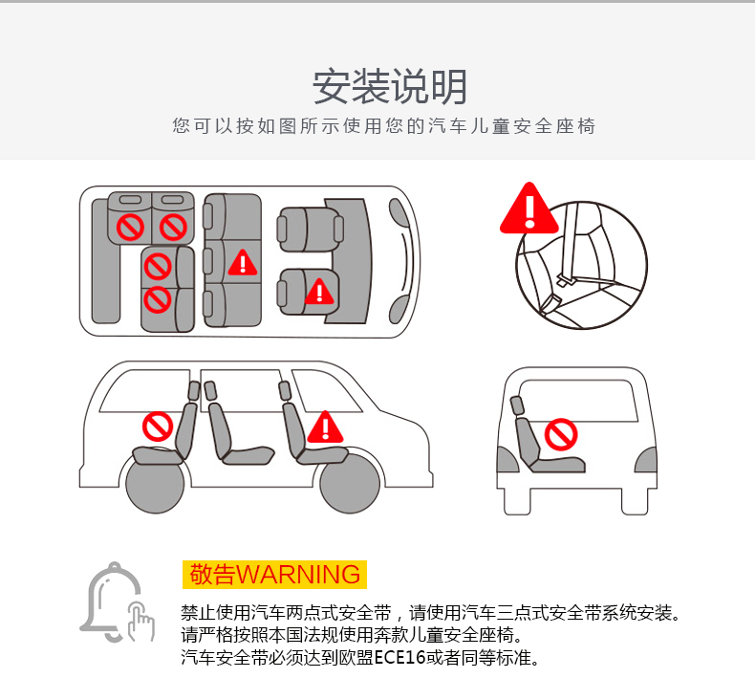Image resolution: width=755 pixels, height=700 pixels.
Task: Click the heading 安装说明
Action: click(x=390, y=87)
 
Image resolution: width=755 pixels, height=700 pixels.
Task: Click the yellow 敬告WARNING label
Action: click(x=274, y=575)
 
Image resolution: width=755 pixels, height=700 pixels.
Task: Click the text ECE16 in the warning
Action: click(x=399, y=657)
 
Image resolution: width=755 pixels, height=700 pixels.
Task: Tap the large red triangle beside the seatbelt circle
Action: click(x=529, y=209)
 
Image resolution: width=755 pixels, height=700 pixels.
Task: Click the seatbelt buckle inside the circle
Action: click(x=564, y=279)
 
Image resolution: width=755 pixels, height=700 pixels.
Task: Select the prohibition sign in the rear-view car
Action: click(x=561, y=434)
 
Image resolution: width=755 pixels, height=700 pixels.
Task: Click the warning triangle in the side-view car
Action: click(x=326, y=427)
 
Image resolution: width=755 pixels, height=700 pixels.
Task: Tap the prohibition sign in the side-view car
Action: click(x=158, y=427)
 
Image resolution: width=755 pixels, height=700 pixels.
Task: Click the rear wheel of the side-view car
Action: click(x=155, y=484)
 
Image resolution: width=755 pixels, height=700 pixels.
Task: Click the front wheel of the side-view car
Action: click(x=350, y=484)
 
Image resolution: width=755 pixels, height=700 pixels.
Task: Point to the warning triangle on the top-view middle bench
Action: click(x=243, y=263)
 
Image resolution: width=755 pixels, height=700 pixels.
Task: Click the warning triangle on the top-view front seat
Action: click(x=320, y=292)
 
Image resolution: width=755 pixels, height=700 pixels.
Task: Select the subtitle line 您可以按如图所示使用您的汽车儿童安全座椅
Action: click(x=384, y=126)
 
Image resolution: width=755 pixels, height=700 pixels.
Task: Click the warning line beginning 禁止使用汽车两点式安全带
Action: click(x=430, y=613)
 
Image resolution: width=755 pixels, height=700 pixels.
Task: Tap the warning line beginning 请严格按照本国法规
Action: click(x=352, y=635)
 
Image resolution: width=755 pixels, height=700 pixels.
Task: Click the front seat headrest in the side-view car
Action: click(x=285, y=390)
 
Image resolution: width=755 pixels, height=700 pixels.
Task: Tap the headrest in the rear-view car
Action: click(x=517, y=405)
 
